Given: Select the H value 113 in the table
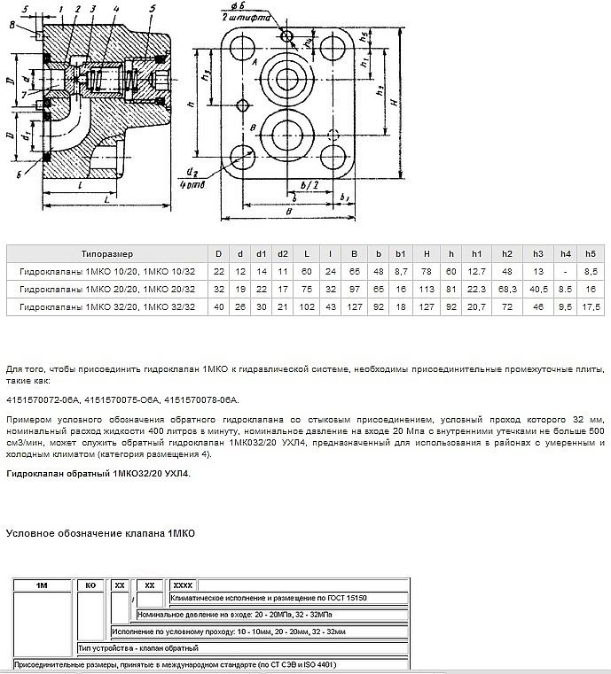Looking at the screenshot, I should [x=426, y=288].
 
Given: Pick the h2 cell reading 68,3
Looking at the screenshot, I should [x=507, y=288].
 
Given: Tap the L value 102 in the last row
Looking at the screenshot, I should [x=305, y=306].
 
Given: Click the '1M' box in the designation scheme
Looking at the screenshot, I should [x=41, y=586].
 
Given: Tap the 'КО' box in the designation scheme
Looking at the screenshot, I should [x=90, y=586].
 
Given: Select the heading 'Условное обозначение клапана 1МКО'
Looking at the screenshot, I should [x=100, y=533].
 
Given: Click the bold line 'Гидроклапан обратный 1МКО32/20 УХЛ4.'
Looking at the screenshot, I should [x=98, y=474].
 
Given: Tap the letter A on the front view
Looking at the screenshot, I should [x=255, y=65].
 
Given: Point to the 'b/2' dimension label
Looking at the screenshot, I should [x=310, y=184].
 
